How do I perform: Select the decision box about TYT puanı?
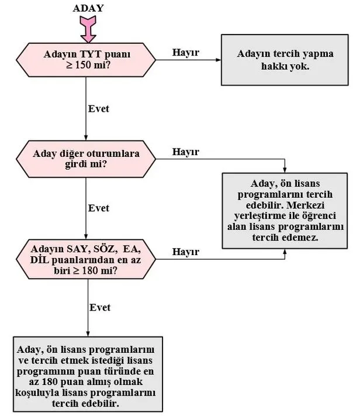click(x=86, y=60)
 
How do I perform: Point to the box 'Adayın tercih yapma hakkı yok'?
click(x=285, y=60)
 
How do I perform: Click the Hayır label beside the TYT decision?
click(x=186, y=53)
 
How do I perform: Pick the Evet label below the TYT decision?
click(x=98, y=109)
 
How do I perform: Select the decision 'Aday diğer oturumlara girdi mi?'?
click(x=86, y=159)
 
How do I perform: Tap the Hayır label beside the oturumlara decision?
click(x=186, y=152)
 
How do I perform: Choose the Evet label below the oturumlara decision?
click(x=98, y=208)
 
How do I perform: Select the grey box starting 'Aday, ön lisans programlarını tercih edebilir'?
click(x=285, y=209)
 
